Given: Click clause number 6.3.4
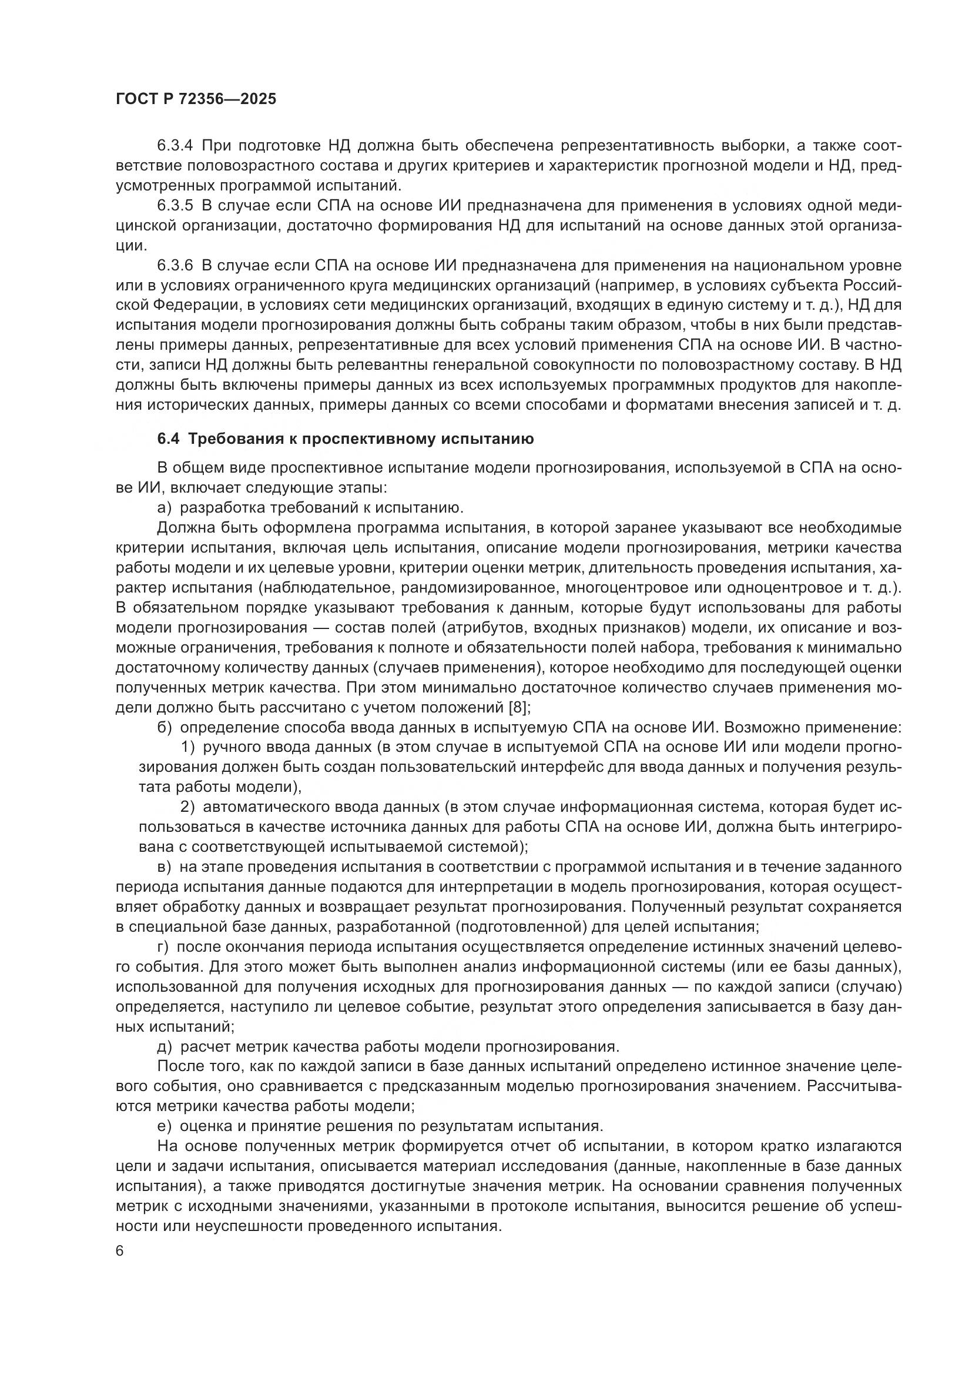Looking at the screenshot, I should click(175, 146).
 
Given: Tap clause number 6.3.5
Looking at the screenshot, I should click(175, 205).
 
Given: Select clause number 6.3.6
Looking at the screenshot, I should click(175, 265).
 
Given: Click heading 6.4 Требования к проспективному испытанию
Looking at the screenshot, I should click(346, 439).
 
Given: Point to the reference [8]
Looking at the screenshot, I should click(517, 707).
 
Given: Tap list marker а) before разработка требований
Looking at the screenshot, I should click(164, 508).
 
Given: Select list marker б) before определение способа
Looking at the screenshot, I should click(164, 728).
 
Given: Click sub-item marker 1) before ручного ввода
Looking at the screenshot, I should click(187, 747).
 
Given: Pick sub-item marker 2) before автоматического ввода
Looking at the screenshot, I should click(187, 807).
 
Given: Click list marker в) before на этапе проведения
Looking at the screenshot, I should click(164, 867).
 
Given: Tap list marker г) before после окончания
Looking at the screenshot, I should click(163, 947).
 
